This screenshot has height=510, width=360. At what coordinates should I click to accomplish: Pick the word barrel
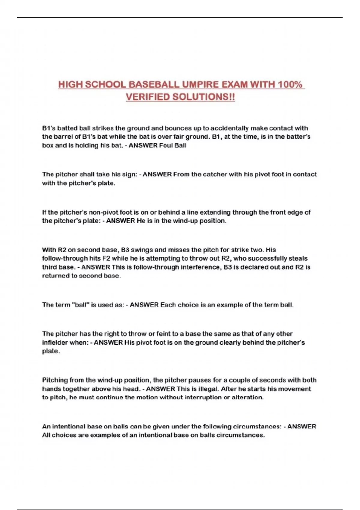63,137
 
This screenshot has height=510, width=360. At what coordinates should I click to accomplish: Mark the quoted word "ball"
80,305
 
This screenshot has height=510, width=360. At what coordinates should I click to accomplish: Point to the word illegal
209,389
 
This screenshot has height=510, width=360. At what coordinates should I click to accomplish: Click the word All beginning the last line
46,435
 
